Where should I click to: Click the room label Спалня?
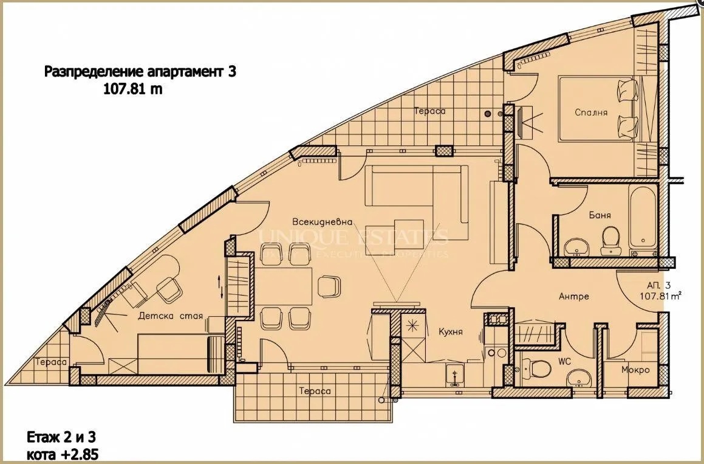[x=591, y=112]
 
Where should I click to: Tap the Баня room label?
[x=600, y=215]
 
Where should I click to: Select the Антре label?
[x=574, y=297]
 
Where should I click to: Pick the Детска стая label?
[x=170, y=316]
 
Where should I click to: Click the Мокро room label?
[x=635, y=370]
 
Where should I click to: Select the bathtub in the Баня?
[x=642, y=219]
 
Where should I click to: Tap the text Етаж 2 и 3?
[x=61, y=437]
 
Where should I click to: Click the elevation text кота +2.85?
[x=62, y=454]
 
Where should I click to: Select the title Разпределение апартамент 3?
[x=140, y=72]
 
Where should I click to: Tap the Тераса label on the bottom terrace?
[x=315, y=391]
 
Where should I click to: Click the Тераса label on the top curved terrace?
[x=429, y=111]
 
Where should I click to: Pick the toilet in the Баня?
[x=609, y=241]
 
